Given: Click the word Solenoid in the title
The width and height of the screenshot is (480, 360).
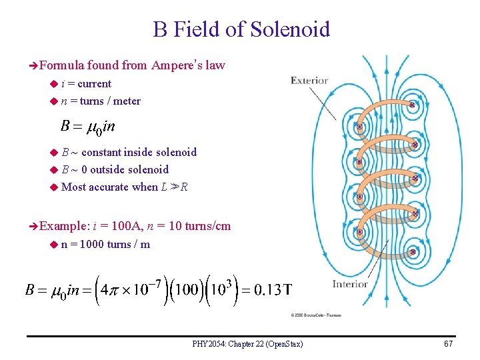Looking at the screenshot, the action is pos(290,29).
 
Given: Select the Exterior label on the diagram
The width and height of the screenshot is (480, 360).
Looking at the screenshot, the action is pos(309,81).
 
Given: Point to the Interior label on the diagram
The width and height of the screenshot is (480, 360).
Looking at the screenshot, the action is pos(351,284).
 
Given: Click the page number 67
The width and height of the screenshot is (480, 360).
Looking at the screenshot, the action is pos(447,344).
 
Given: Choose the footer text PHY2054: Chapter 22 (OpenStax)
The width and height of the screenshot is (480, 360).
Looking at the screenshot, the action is pos(247,344).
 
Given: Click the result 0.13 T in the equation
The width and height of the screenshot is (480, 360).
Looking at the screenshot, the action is pos(269,290).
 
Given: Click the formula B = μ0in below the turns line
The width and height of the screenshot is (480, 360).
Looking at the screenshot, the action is pos(87,126).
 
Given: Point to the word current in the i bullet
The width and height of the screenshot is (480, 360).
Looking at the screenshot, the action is pos(94,84).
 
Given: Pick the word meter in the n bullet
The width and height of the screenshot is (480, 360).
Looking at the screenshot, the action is pos(127,101).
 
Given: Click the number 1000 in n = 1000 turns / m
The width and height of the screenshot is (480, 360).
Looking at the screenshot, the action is pos(91,244).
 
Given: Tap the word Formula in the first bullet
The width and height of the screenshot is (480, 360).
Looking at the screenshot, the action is pos(61,65).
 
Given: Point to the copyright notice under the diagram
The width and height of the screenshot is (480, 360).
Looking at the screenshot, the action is pos(315,315).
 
